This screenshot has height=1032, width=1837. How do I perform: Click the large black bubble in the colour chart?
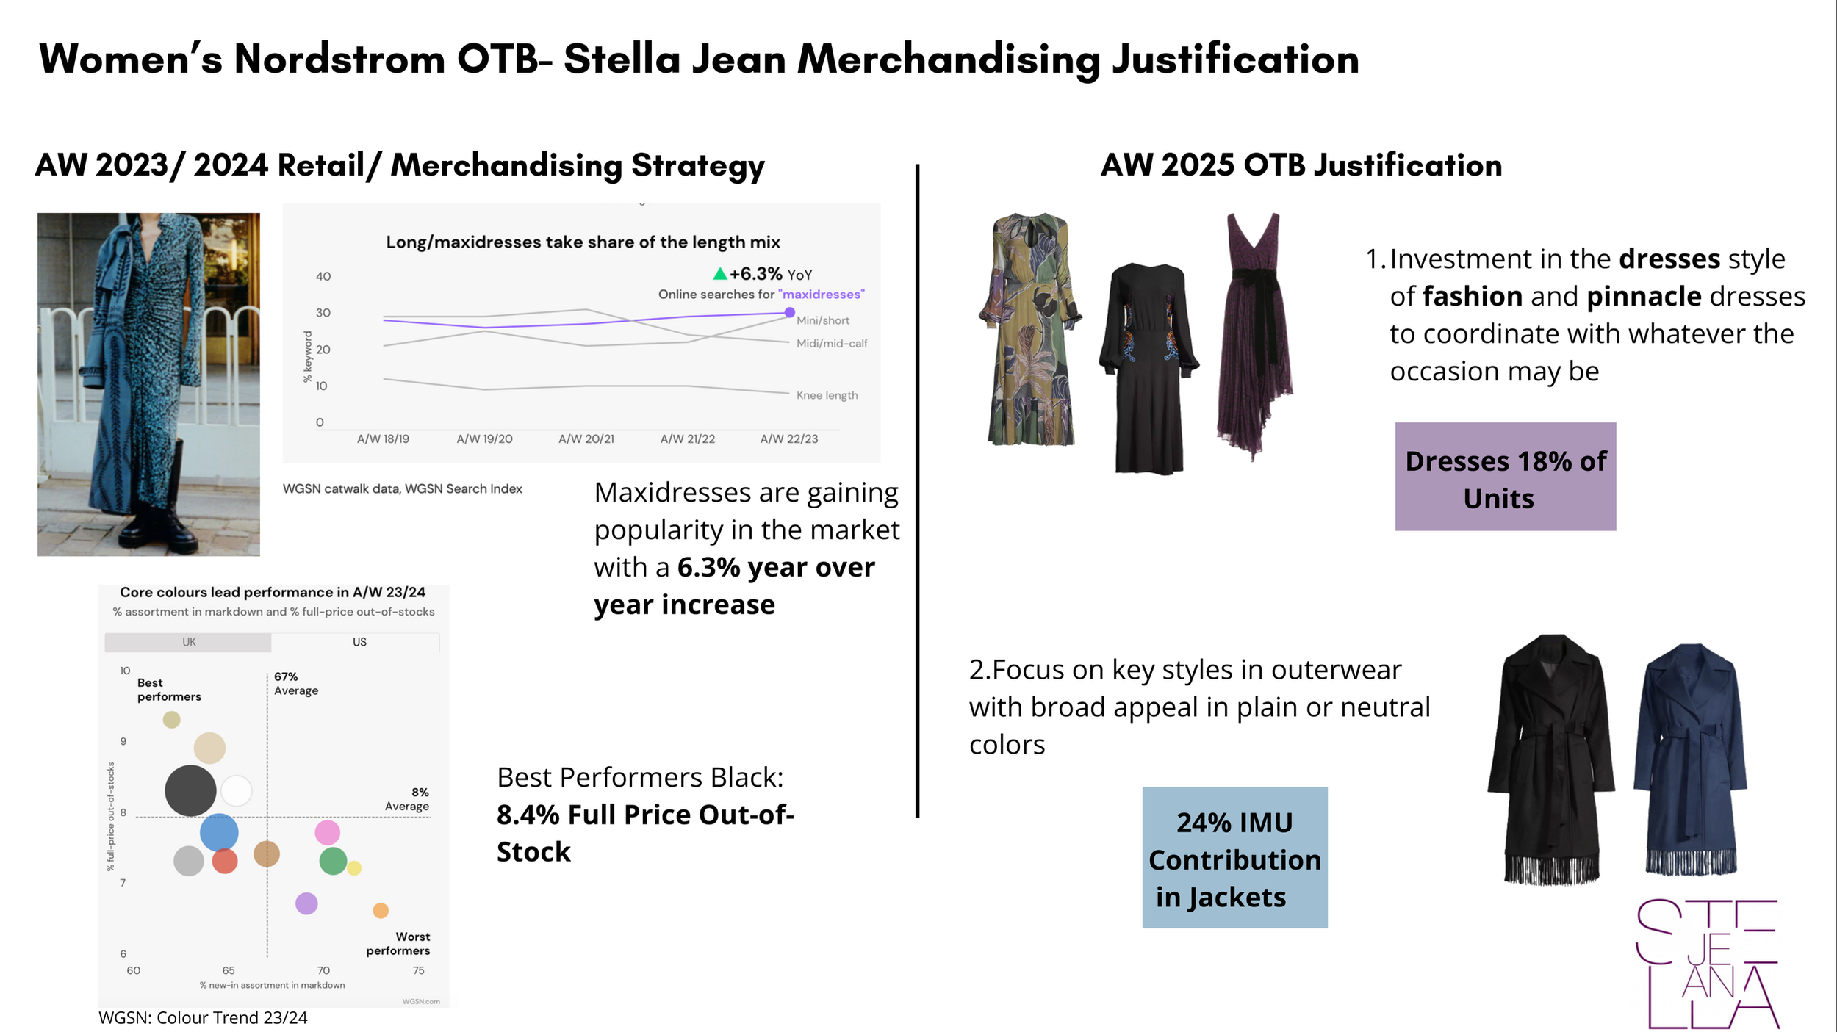click(x=190, y=790)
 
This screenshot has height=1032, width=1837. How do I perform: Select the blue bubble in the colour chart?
click(x=219, y=833)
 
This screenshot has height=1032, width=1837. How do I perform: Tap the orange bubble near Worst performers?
click(x=381, y=911)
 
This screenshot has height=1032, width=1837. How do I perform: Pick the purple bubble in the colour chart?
click(x=306, y=903)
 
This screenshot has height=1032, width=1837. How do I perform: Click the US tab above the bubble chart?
click(x=359, y=642)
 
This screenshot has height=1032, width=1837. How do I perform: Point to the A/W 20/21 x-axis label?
click(x=586, y=439)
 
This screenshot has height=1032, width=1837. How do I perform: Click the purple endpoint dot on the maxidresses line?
click(x=790, y=313)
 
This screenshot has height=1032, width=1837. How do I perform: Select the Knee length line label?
click(x=827, y=395)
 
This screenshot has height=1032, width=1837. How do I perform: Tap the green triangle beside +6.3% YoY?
click(x=720, y=274)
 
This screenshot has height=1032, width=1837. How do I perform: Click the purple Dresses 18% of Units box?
click(x=1506, y=477)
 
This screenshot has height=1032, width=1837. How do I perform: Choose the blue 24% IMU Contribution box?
click(x=1235, y=858)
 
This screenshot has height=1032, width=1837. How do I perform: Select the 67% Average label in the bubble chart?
click(x=296, y=684)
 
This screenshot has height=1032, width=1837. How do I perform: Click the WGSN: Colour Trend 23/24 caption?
click(x=203, y=1018)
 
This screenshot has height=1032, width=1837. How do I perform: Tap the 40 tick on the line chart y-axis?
click(x=323, y=277)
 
